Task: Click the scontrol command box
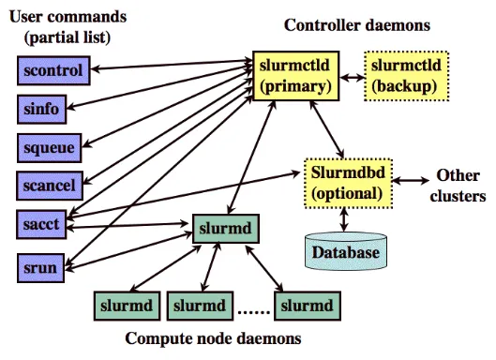pos(53,70)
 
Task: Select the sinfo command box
pos(42,109)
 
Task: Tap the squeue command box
pos(50,148)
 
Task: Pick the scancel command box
pos(50,186)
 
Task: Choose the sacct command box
pos(41,224)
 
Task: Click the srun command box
pos(41,267)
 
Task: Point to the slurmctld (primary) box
pos(295,76)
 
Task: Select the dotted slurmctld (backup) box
pos(407,76)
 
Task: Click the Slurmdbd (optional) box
pos(348,184)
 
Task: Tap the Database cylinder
pos(346,251)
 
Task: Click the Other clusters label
pos(458,186)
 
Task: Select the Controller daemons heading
pos(357,25)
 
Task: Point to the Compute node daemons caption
pos(213,338)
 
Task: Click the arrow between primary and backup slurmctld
pos(352,77)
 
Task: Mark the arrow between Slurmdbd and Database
pos(344,219)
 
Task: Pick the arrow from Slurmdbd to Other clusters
pos(411,181)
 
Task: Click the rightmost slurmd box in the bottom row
pos(308,306)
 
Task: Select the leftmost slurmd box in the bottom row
pos(127,306)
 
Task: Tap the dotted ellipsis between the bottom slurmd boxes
pos(253,313)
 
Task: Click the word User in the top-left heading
pos(23,17)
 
